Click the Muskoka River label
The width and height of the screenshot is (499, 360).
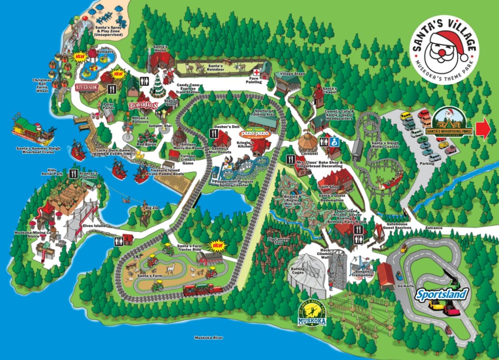208,338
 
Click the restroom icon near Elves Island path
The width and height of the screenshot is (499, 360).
119,241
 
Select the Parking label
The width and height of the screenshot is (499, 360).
427,163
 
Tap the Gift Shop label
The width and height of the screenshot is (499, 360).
328,187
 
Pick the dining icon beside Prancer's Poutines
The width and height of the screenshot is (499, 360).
73,173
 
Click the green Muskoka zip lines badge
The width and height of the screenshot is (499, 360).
312,314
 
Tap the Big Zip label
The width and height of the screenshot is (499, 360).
149,208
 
